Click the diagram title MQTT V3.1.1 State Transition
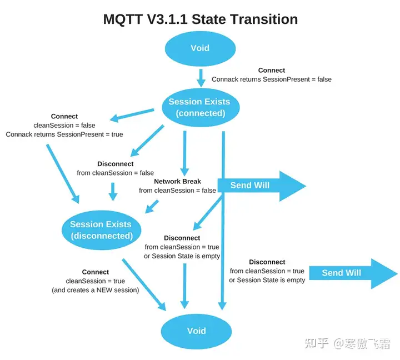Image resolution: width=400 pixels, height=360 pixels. [x=200, y=19]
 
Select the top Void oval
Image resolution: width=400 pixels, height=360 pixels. [x=200, y=48]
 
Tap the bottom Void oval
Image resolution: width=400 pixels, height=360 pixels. [x=196, y=331]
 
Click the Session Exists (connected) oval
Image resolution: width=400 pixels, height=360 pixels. [x=200, y=107]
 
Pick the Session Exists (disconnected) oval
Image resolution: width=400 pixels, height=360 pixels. [x=101, y=230]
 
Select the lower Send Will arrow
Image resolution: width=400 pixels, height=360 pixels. [x=352, y=273]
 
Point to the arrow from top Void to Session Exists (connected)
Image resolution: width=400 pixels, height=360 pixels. [x=201, y=77]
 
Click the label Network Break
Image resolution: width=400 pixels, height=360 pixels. [x=177, y=181]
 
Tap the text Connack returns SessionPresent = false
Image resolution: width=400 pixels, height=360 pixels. [x=271, y=79]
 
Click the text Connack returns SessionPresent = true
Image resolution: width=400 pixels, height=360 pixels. [x=64, y=134]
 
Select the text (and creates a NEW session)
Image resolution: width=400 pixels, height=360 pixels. [x=96, y=290]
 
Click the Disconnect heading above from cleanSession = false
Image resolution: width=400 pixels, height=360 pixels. [x=115, y=164]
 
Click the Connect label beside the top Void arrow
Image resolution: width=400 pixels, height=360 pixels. [x=272, y=71]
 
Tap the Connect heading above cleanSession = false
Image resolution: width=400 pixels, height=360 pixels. [x=64, y=116]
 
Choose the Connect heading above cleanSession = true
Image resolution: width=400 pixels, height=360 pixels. [x=96, y=272]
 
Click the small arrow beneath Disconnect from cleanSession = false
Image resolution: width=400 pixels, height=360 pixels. [x=113, y=191]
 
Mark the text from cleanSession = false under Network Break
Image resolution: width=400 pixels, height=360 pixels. [x=177, y=191]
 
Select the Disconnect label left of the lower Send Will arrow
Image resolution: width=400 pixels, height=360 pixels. [x=267, y=262]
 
